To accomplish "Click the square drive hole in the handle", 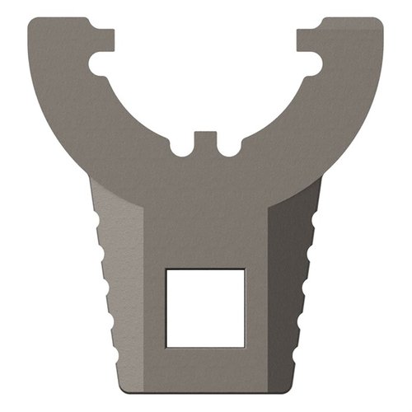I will [x=205, y=307].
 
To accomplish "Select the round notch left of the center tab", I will [x=183, y=149].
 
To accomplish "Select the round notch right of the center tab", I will [x=228, y=149].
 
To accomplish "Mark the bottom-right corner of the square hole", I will [x=244, y=346].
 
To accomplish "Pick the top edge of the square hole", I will [x=205, y=269].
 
